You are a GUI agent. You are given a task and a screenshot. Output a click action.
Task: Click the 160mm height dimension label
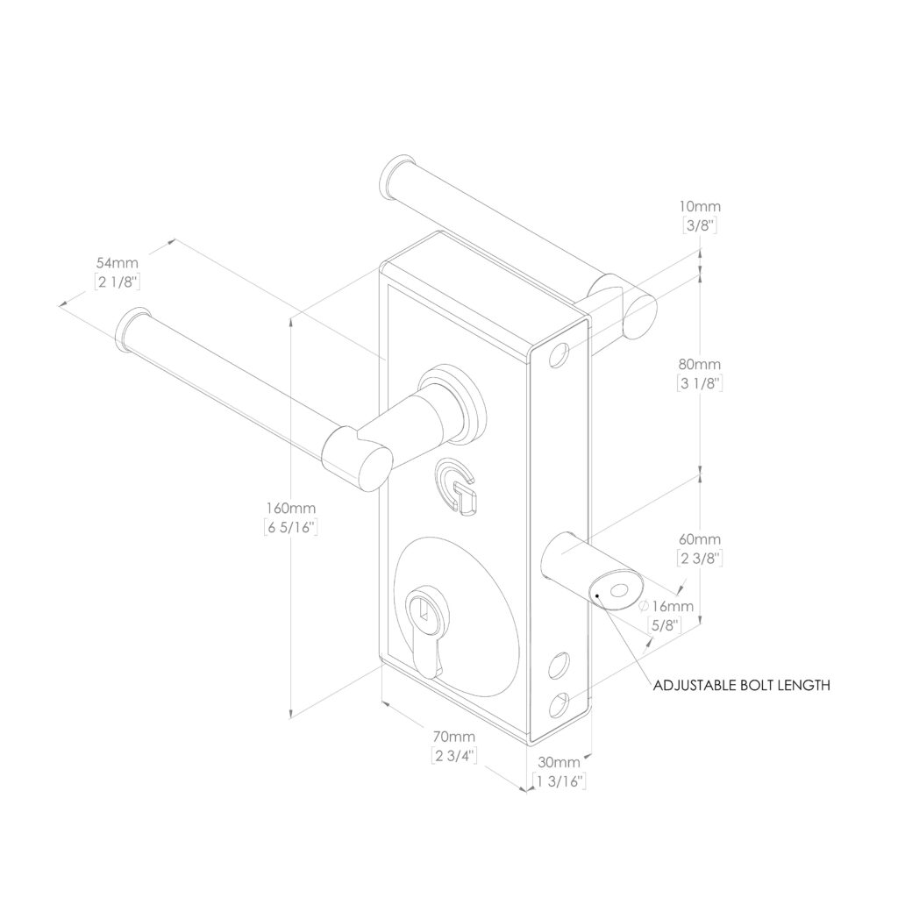[290, 508]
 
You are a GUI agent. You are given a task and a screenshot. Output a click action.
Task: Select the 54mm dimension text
[117, 263]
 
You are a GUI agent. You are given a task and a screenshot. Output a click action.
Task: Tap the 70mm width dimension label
[454, 737]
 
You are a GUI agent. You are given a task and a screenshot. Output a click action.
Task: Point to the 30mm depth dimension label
[559, 762]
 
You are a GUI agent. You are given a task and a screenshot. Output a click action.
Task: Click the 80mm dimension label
[699, 364]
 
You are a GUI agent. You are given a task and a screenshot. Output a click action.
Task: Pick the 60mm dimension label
[699, 539]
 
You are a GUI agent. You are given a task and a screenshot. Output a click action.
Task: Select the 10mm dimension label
[700, 206]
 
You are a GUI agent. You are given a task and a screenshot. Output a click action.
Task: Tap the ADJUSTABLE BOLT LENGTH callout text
[741, 685]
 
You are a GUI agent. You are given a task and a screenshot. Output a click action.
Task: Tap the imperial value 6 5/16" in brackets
[291, 527]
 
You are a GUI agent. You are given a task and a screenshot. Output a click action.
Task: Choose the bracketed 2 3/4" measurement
[454, 755]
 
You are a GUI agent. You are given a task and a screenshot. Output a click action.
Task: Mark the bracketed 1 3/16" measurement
[559, 780]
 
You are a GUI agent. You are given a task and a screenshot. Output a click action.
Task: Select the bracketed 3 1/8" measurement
[699, 383]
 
